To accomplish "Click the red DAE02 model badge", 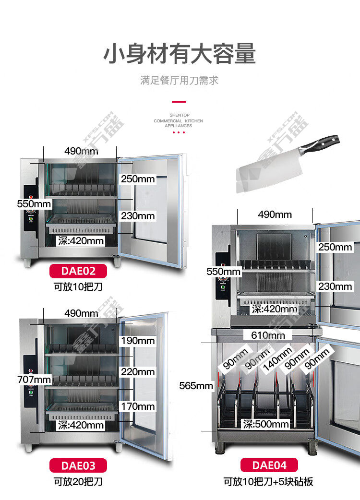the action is point(78,271).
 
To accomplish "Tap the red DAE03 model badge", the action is point(78,465).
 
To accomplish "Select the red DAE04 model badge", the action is point(269,465).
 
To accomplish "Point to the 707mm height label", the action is point(34,380).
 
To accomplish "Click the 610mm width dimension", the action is point(268,335).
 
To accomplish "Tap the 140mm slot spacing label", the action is point(277,359).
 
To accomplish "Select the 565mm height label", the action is point(196,385).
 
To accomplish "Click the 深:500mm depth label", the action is point(266,424).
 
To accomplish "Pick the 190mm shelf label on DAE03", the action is point(138,341).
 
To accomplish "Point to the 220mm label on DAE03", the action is point(138,372).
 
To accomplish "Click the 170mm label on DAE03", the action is point(138,406).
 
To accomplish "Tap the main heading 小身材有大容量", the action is point(180,54).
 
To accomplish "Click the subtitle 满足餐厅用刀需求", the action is point(180,80).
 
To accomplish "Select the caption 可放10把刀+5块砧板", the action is point(268,481).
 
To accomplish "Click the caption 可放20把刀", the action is point(78,481).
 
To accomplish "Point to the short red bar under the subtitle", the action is point(179,102).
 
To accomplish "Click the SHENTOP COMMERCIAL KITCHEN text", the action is point(178,118).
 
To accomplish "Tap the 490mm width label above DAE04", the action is point(275,214).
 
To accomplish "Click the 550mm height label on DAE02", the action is point(34,204).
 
